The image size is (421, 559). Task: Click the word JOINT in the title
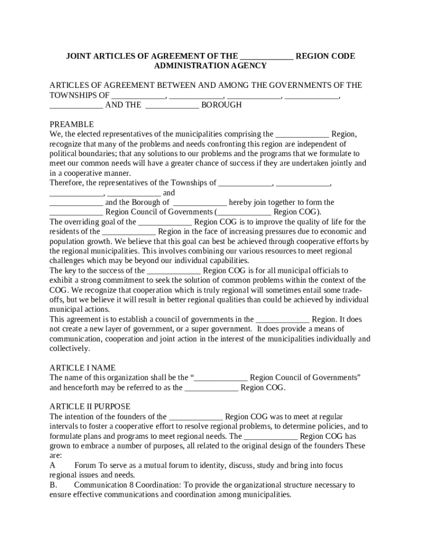(78, 56)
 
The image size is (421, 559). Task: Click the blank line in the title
(266, 56)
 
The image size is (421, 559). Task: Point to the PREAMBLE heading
(72, 124)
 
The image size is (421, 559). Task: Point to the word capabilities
(226, 261)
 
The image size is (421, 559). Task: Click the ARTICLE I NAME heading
(83, 368)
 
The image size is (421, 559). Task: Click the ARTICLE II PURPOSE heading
(90, 407)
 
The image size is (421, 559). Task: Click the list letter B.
(52, 485)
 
